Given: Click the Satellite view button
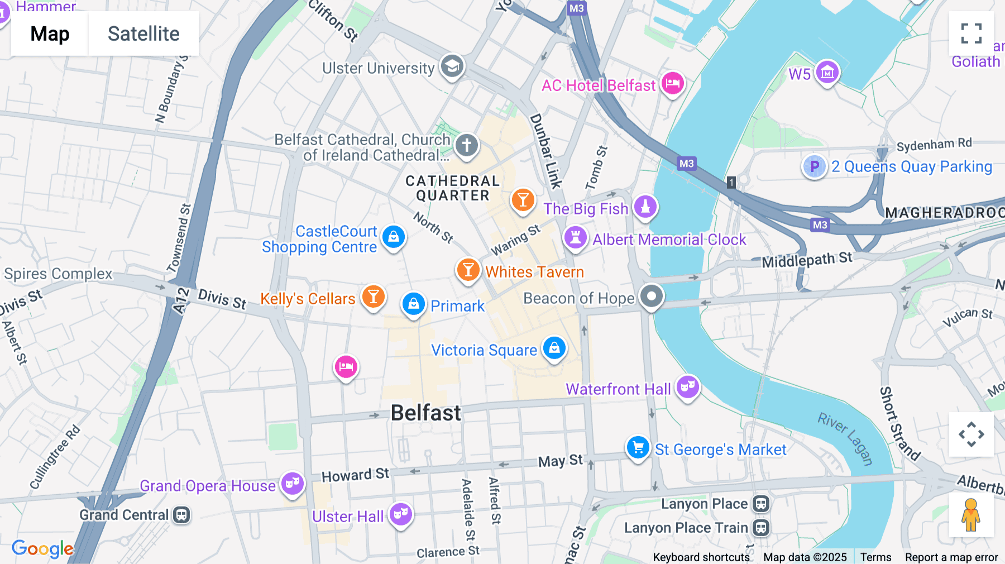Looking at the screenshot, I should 143,34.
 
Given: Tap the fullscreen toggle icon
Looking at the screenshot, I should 971,34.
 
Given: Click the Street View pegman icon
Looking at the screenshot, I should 971,515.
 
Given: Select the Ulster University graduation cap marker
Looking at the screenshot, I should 452,66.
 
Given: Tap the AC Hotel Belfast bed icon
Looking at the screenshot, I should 673,84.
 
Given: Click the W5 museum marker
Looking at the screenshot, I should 827,72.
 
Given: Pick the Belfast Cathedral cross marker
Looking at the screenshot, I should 466,145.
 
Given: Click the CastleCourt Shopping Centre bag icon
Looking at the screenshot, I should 394,237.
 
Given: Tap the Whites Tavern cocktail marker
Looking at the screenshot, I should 468,270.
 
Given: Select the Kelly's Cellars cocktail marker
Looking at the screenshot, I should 374,297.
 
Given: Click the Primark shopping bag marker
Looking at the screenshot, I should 414,304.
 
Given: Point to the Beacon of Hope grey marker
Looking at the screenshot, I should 651,296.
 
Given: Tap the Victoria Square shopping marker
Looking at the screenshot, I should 554,348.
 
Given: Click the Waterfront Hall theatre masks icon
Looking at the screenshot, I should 687,386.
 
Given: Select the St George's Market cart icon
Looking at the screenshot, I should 638,447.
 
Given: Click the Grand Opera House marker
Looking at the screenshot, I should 293,483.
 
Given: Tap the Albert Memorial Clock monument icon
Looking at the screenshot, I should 575,237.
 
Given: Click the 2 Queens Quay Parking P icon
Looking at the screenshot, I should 814,166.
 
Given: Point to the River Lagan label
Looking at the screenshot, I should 845,439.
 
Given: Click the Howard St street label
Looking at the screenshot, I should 355,475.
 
